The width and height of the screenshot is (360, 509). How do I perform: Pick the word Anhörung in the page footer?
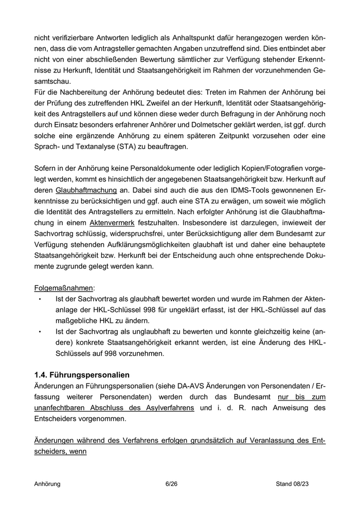47,484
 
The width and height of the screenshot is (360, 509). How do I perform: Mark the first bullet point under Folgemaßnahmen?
40,299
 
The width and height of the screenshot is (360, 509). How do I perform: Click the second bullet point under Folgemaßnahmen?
40,332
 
